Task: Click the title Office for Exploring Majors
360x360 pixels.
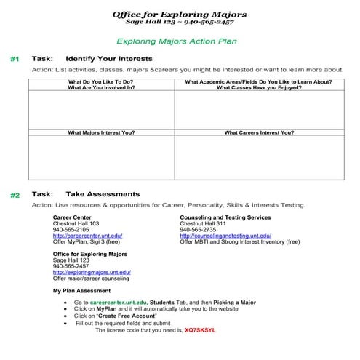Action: coord(179,14)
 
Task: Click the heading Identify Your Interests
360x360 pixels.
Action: coord(109,58)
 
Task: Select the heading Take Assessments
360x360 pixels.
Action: coord(103,194)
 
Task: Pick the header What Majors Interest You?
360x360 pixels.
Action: coord(101,133)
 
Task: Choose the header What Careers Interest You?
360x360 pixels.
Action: coord(259,133)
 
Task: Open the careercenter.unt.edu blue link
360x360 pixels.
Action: coord(87,236)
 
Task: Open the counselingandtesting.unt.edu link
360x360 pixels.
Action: coord(225,236)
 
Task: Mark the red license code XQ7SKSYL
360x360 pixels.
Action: coord(201,329)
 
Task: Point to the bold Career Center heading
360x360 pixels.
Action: coord(72,217)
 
